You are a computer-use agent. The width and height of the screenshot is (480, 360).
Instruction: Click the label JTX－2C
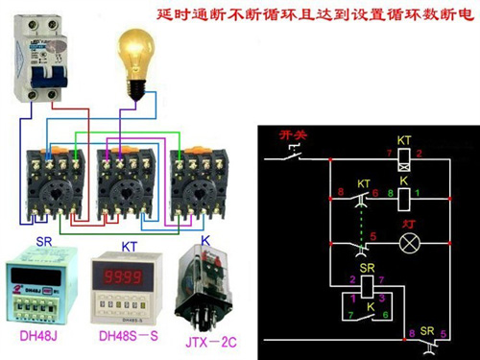(x=204, y=337)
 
